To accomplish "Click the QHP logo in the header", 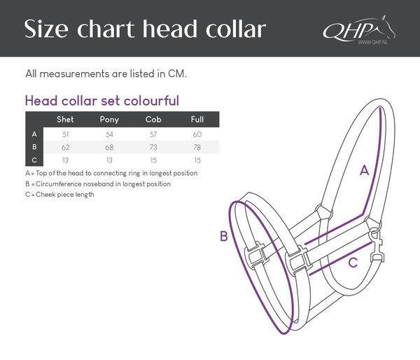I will (x=356, y=31).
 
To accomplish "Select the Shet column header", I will (x=65, y=120).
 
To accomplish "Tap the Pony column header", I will (x=110, y=120).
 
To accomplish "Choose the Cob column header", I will (x=153, y=120).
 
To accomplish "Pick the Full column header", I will (x=197, y=120).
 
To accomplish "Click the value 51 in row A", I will (x=65, y=134).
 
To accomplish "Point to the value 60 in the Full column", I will (x=197, y=134).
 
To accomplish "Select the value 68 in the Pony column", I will (x=110, y=147).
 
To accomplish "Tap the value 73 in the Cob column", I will (x=153, y=147).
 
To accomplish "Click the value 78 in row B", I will (x=197, y=147).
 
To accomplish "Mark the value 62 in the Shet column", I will (x=65, y=147).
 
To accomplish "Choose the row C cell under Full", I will (x=197, y=160).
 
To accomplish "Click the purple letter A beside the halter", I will (x=364, y=170).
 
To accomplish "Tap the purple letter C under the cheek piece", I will (x=353, y=263).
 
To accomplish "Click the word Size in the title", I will (x=48, y=30).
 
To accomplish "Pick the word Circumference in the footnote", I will (x=57, y=184).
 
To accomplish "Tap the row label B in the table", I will (x=34, y=147).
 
